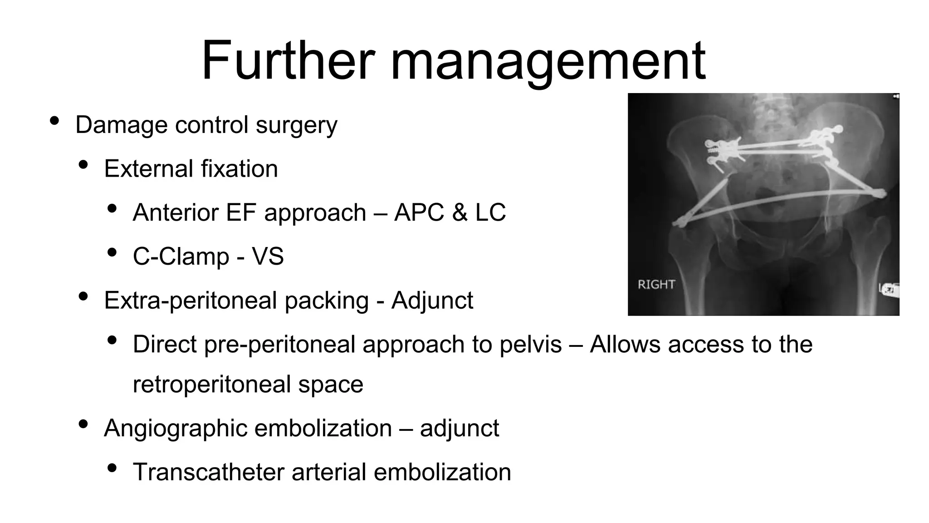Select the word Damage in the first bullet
(x=121, y=125)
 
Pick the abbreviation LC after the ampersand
(x=490, y=212)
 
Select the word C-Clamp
(x=181, y=257)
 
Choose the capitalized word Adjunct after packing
(x=432, y=301)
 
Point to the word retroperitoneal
(x=212, y=384)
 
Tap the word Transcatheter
(x=209, y=472)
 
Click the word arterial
(x=328, y=472)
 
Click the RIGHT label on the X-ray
(x=656, y=285)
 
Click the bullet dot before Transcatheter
(x=112, y=468)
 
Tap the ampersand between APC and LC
(x=460, y=212)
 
